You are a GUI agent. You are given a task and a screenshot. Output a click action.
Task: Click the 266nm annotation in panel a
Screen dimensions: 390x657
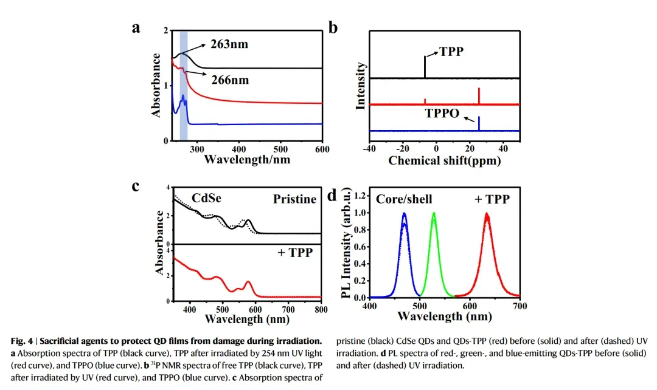[x=230, y=80]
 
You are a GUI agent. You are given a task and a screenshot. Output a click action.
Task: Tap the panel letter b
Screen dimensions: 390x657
[x=333, y=28]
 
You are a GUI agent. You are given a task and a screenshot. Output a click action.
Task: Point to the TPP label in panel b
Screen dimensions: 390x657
[x=451, y=52]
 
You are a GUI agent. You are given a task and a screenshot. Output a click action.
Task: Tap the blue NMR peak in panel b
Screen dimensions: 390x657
[x=479, y=123]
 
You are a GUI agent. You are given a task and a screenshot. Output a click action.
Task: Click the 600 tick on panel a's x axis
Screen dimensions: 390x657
[x=322, y=148]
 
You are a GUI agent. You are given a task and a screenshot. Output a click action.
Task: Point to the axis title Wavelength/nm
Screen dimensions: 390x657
[x=247, y=160]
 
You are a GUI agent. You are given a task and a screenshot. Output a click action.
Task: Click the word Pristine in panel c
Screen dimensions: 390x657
[x=294, y=199]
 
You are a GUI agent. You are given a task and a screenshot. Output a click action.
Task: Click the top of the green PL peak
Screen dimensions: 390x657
[x=434, y=213]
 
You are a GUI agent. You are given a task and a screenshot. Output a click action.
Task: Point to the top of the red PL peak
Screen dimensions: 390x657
[x=486, y=214]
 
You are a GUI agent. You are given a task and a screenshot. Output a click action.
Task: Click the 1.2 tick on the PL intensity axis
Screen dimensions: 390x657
[x=359, y=196]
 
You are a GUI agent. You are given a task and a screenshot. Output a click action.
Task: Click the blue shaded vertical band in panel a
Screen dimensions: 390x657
[x=183, y=85]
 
